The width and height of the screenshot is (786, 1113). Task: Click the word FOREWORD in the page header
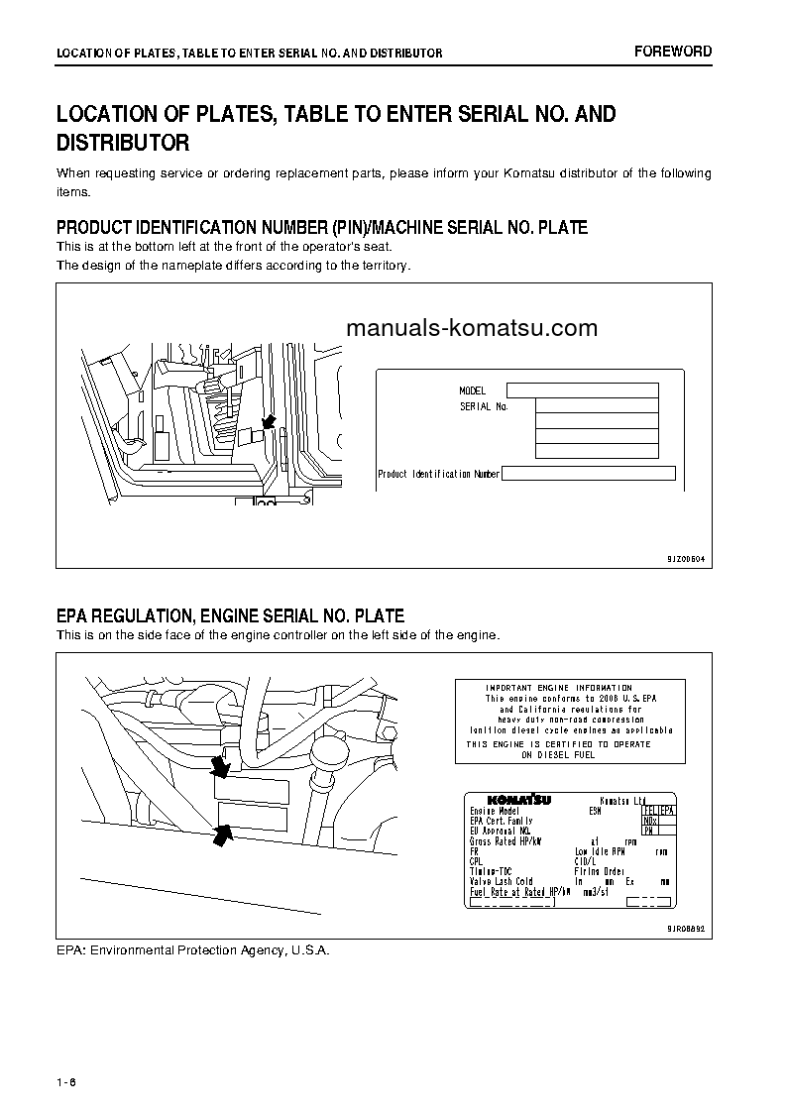pos(672,52)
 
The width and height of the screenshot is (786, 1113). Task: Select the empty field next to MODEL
pos(582,390)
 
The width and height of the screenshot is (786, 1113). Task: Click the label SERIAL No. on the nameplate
pos(484,406)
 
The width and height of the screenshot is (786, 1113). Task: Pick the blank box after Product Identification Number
pos(588,474)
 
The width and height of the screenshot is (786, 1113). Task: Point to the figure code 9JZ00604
pos(685,559)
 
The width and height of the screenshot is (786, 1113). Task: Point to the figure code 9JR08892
pos(685,930)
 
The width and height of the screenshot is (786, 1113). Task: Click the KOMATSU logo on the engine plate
pos(518,800)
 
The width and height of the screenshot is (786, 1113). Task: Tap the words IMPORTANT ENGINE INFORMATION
pos(558,688)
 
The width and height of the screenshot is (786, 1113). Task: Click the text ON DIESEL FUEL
pos(558,754)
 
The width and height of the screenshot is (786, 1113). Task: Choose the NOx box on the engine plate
pos(650,821)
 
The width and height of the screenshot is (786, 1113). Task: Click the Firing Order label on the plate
pos(600,871)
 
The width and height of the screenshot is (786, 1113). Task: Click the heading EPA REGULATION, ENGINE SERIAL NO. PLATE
pos(230,615)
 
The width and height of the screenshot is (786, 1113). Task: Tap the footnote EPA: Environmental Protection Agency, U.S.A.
pos(192,950)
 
